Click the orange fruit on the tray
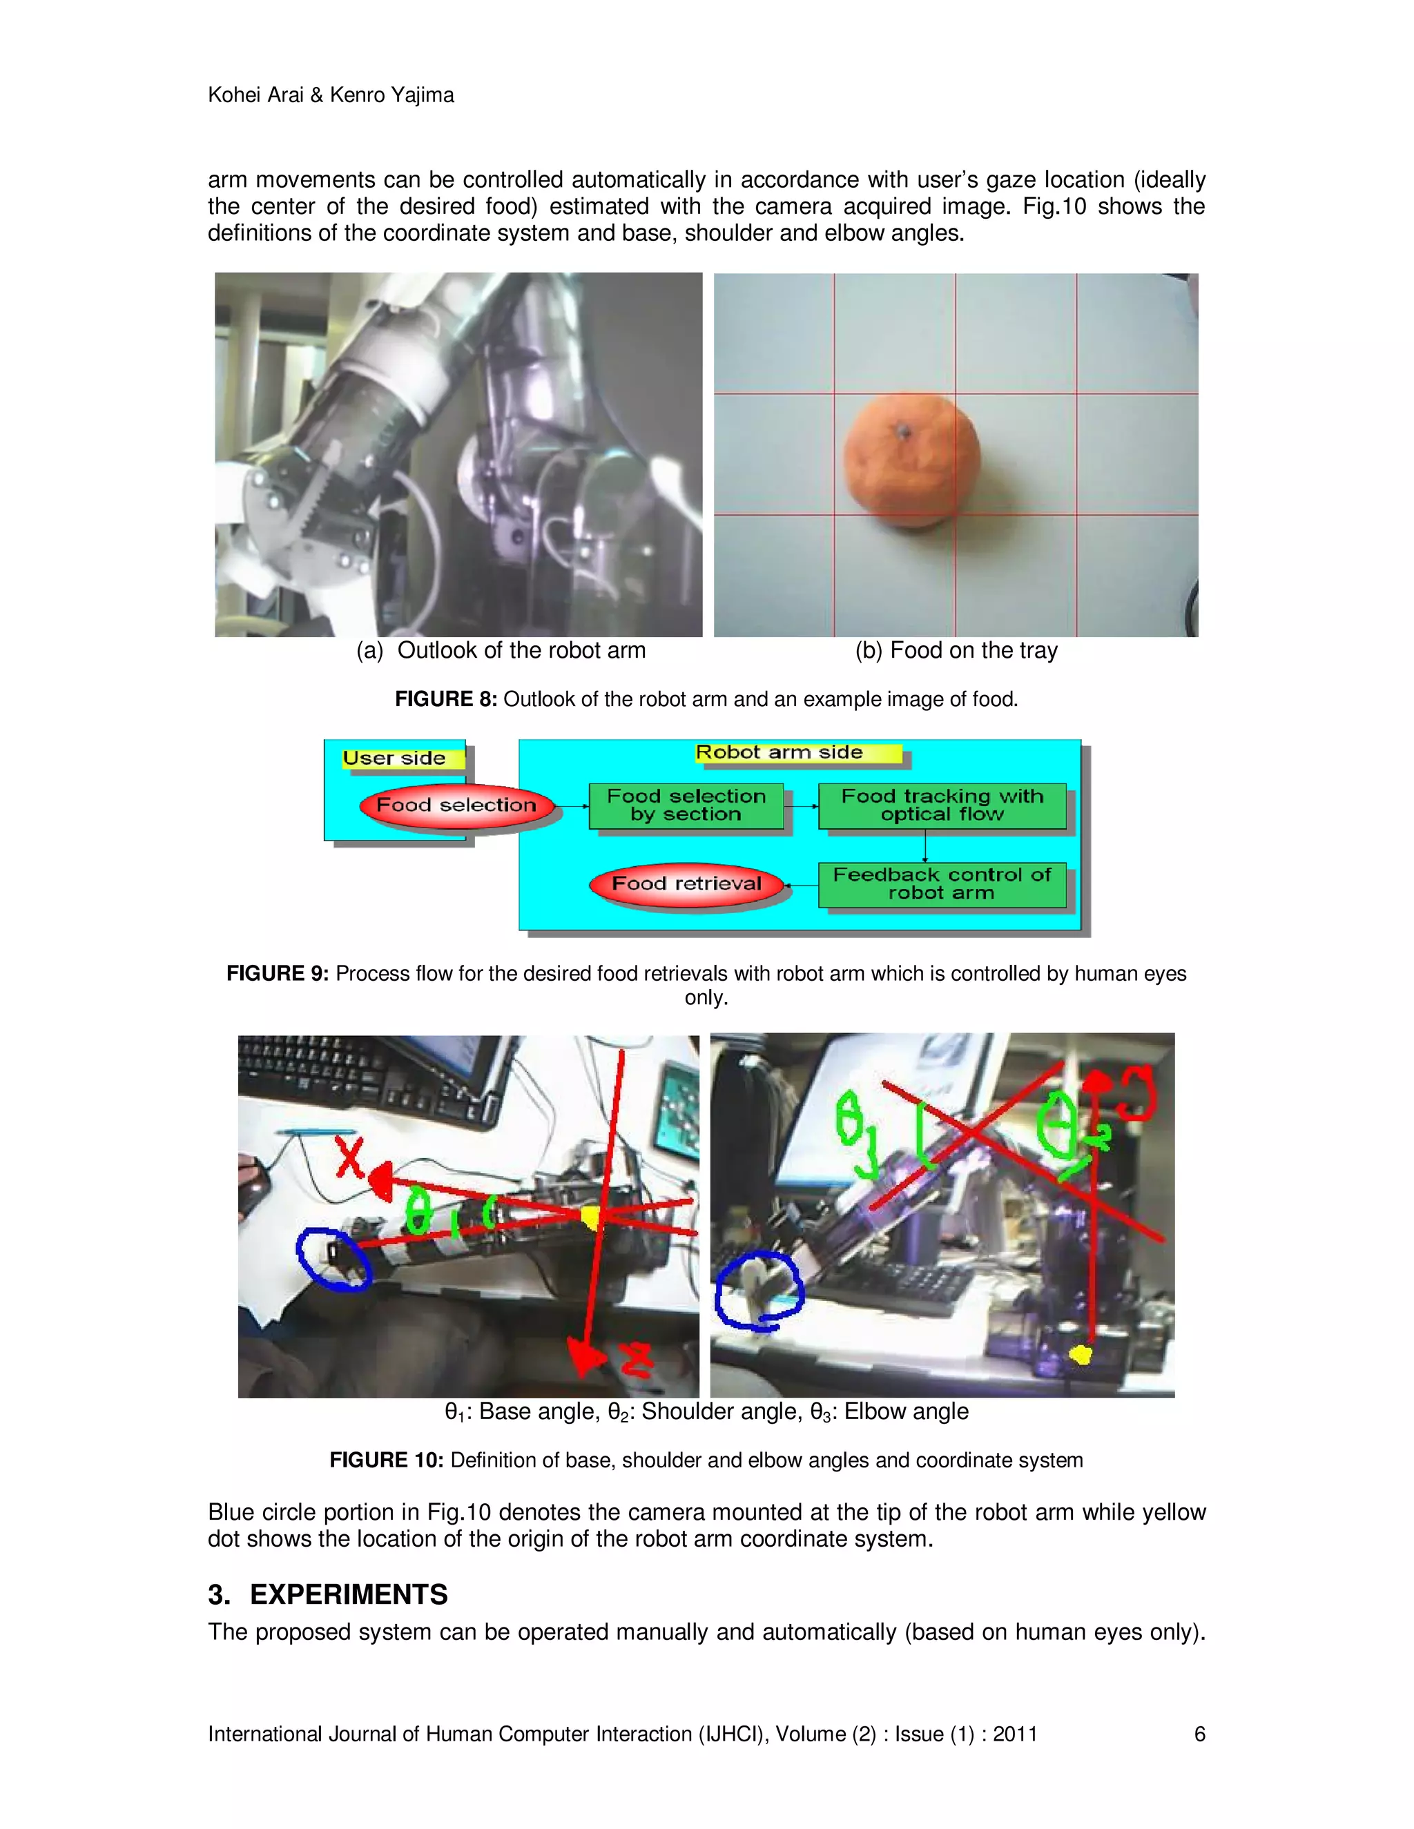[x=911, y=460]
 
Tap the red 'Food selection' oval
[x=456, y=805]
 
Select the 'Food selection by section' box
[x=686, y=805]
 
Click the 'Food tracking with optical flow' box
[x=942, y=805]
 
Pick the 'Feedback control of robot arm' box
[x=942, y=884]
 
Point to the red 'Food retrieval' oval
[x=687, y=884]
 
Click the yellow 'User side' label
[x=394, y=759]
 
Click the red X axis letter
[x=349, y=1157]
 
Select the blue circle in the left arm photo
[x=333, y=1259]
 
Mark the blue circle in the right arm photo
[x=758, y=1291]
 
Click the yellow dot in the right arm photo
[x=1081, y=1354]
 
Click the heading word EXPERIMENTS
[x=349, y=1594]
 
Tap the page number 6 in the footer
[x=1199, y=1734]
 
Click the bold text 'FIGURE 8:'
[x=445, y=699]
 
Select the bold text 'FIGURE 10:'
[x=386, y=1460]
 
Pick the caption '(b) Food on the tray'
[x=956, y=651]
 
